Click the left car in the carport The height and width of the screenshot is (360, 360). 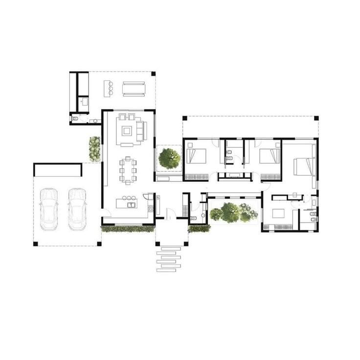coord(49,209)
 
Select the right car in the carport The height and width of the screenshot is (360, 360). coord(77,209)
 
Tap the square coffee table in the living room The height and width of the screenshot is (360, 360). coord(127,131)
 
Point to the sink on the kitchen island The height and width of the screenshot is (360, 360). coord(131,204)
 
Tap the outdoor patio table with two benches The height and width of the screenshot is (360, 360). coord(134,89)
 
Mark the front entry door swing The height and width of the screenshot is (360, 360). coord(169,214)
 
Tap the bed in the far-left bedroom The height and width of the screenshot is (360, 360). coord(196,157)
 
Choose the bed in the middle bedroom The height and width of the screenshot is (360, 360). coord(269,157)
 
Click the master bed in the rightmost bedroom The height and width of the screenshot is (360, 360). coord(304,166)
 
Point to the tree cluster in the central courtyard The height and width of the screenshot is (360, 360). coord(233,212)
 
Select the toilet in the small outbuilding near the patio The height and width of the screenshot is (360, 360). coord(75,118)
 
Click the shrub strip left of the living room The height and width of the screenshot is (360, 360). coord(94,148)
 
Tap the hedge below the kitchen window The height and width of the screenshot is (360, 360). coord(128,228)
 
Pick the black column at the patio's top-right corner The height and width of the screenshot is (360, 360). coord(153,73)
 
